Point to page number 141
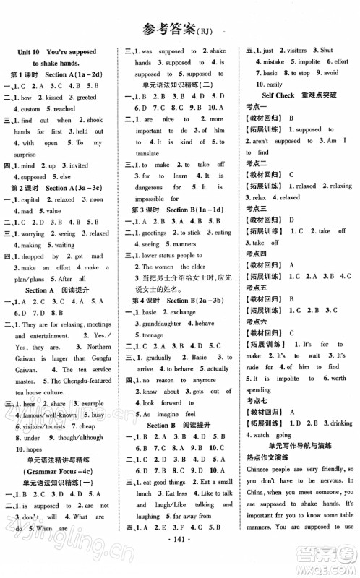click(179, 560)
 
